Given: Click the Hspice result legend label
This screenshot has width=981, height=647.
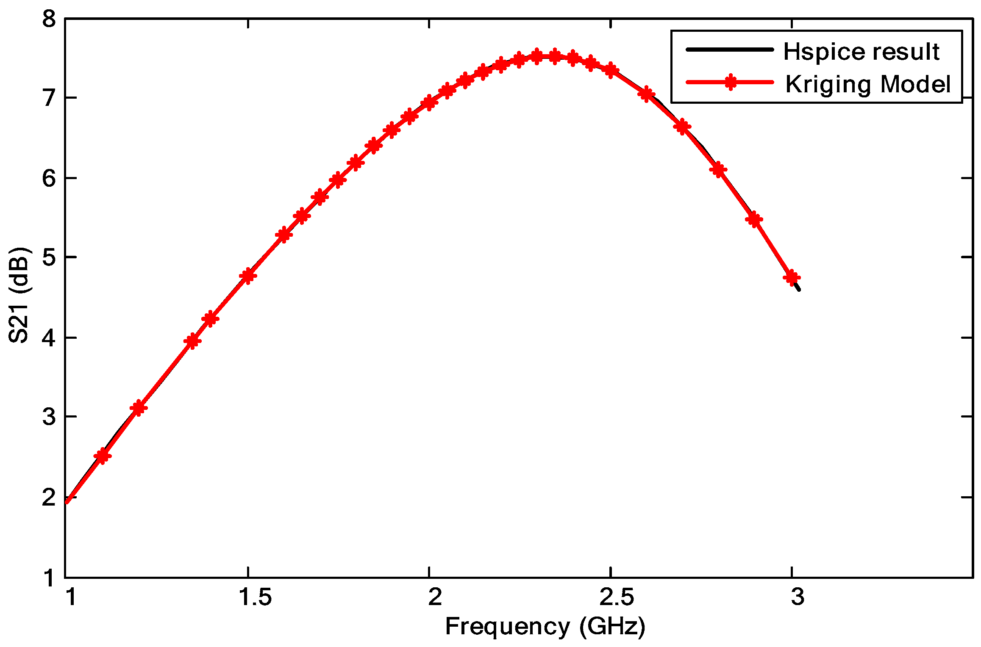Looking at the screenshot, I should [861, 52].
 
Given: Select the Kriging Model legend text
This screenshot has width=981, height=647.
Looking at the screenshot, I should [868, 84].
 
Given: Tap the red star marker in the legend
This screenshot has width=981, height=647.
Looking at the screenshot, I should [730, 82].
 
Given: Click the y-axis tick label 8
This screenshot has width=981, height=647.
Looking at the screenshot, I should [49, 19].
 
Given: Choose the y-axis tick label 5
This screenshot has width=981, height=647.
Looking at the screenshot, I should [49, 257].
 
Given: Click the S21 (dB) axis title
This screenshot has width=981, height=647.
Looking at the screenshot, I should [19, 295].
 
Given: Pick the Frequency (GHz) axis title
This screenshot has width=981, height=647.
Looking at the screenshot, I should [545, 627].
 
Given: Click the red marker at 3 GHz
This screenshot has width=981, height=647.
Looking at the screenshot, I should [792, 278].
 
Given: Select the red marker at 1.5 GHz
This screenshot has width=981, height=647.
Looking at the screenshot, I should [248, 276].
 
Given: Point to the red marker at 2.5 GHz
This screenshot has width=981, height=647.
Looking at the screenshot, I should [611, 70].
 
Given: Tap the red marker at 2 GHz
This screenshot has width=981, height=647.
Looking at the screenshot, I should [429, 102].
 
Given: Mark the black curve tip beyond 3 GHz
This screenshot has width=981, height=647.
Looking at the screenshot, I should [799, 290].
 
